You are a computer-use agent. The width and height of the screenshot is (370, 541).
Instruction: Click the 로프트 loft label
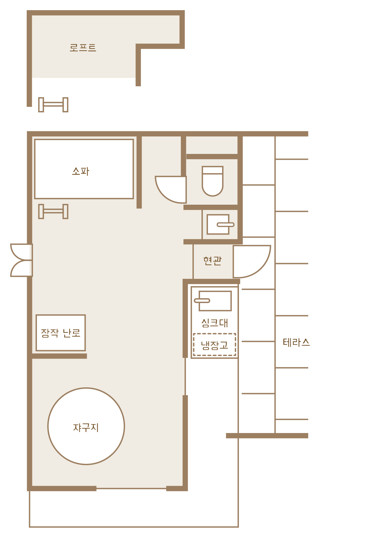pyautogui.click(x=83, y=47)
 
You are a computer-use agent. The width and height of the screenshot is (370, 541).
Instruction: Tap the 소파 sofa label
pyautogui.click(x=81, y=171)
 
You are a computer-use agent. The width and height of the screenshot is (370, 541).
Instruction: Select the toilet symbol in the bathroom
pyautogui.click(x=213, y=181)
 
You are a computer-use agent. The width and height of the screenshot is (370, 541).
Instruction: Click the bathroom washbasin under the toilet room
pyautogui.click(x=218, y=224)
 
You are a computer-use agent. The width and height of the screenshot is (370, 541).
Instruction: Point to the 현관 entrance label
pyautogui.click(x=212, y=260)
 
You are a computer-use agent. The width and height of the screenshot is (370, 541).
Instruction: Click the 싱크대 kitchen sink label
pyautogui.click(x=214, y=323)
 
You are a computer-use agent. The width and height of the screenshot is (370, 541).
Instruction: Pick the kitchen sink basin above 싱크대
pyautogui.click(x=215, y=301)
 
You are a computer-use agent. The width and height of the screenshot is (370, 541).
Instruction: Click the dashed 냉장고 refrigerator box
pyautogui.click(x=214, y=345)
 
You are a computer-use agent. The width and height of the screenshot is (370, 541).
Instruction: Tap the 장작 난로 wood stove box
pyautogui.click(x=61, y=333)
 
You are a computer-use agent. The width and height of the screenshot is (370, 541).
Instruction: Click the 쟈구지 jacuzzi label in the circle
pyautogui.click(x=86, y=428)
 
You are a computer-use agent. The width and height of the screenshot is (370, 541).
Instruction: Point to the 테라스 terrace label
pyautogui.click(x=296, y=343)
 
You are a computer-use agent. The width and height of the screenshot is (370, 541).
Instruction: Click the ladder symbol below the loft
pyautogui.click(x=53, y=105)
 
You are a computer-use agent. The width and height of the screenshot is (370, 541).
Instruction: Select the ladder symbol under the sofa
pyautogui.click(x=53, y=211)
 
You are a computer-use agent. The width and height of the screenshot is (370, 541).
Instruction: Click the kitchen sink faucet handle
pyautogui.click(x=202, y=301)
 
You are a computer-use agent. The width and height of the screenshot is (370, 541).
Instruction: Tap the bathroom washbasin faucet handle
pyautogui.click(x=225, y=225)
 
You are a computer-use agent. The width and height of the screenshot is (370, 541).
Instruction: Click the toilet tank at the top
pyautogui.click(x=213, y=170)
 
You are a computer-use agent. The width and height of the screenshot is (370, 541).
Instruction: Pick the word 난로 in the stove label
pyautogui.click(x=72, y=333)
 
